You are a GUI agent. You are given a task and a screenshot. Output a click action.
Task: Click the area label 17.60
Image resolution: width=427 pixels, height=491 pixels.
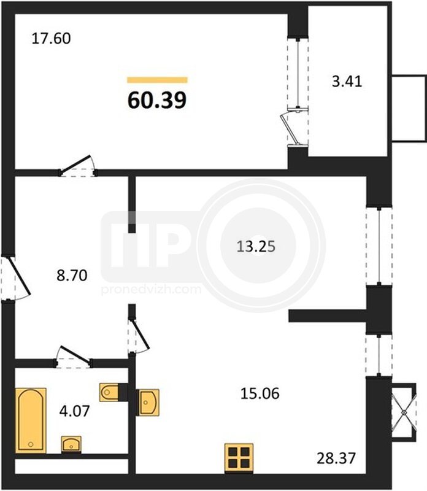click(x=52, y=39)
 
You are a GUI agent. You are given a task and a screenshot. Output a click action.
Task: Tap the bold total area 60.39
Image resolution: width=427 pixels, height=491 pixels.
click(x=157, y=100)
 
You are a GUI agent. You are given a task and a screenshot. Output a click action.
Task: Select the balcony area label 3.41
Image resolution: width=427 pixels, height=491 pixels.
click(x=347, y=82)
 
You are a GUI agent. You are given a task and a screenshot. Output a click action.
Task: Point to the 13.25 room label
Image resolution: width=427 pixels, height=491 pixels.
click(x=256, y=247)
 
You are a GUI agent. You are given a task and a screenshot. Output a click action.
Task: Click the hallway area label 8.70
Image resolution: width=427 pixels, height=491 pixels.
click(x=72, y=276)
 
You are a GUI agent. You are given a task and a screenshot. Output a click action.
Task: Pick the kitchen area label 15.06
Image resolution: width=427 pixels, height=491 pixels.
click(x=260, y=393)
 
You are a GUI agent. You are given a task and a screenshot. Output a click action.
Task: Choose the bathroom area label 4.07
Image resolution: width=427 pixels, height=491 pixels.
click(x=74, y=411)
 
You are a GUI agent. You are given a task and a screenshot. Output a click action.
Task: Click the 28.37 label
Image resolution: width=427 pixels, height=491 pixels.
click(x=336, y=458)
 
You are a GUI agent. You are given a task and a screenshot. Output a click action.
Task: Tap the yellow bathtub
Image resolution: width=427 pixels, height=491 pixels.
click(x=31, y=420)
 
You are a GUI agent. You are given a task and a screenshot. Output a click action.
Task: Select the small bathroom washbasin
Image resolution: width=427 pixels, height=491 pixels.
click(x=71, y=444)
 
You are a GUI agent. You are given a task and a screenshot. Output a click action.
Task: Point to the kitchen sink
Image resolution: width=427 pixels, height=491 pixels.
click(x=148, y=403)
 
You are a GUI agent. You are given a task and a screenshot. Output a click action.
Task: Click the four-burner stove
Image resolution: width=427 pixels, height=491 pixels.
click(x=239, y=457)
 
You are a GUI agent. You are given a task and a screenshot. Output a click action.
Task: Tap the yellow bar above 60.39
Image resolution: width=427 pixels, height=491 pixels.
click(x=157, y=80)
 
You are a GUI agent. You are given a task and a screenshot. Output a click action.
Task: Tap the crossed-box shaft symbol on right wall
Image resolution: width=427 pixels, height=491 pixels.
click(x=404, y=412)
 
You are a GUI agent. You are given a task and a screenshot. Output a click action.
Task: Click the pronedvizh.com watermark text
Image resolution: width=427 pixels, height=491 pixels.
click(x=151, y=289)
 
